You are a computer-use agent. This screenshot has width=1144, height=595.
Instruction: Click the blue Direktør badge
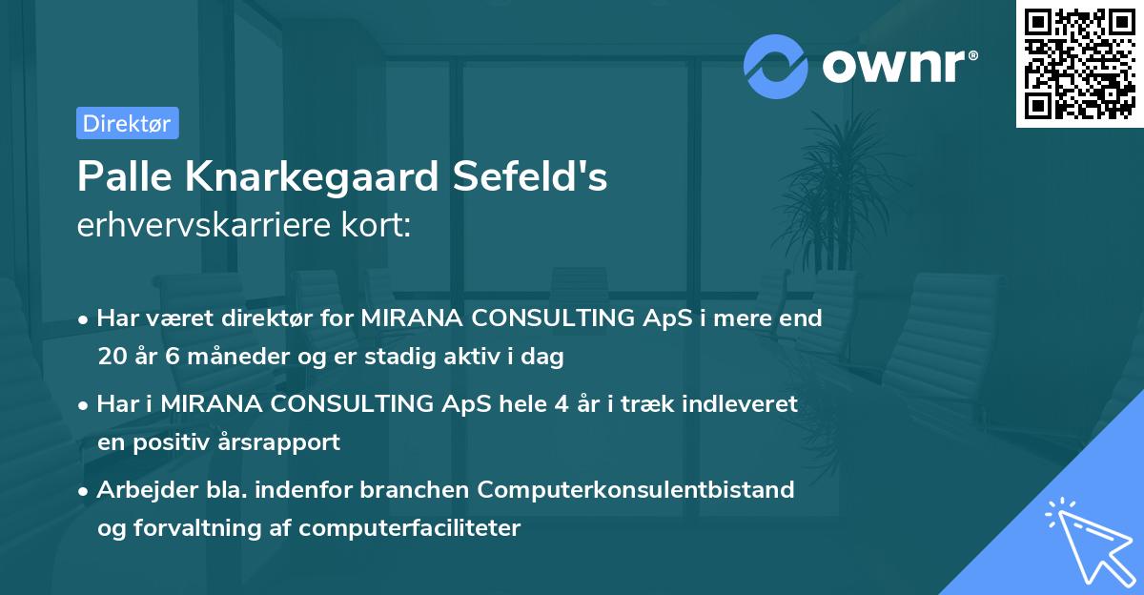(x=127, y=123)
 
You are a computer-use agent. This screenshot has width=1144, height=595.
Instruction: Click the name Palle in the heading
(x=121, y=176)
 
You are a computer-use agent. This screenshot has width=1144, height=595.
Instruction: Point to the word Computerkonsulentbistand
(x=636, y=490)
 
